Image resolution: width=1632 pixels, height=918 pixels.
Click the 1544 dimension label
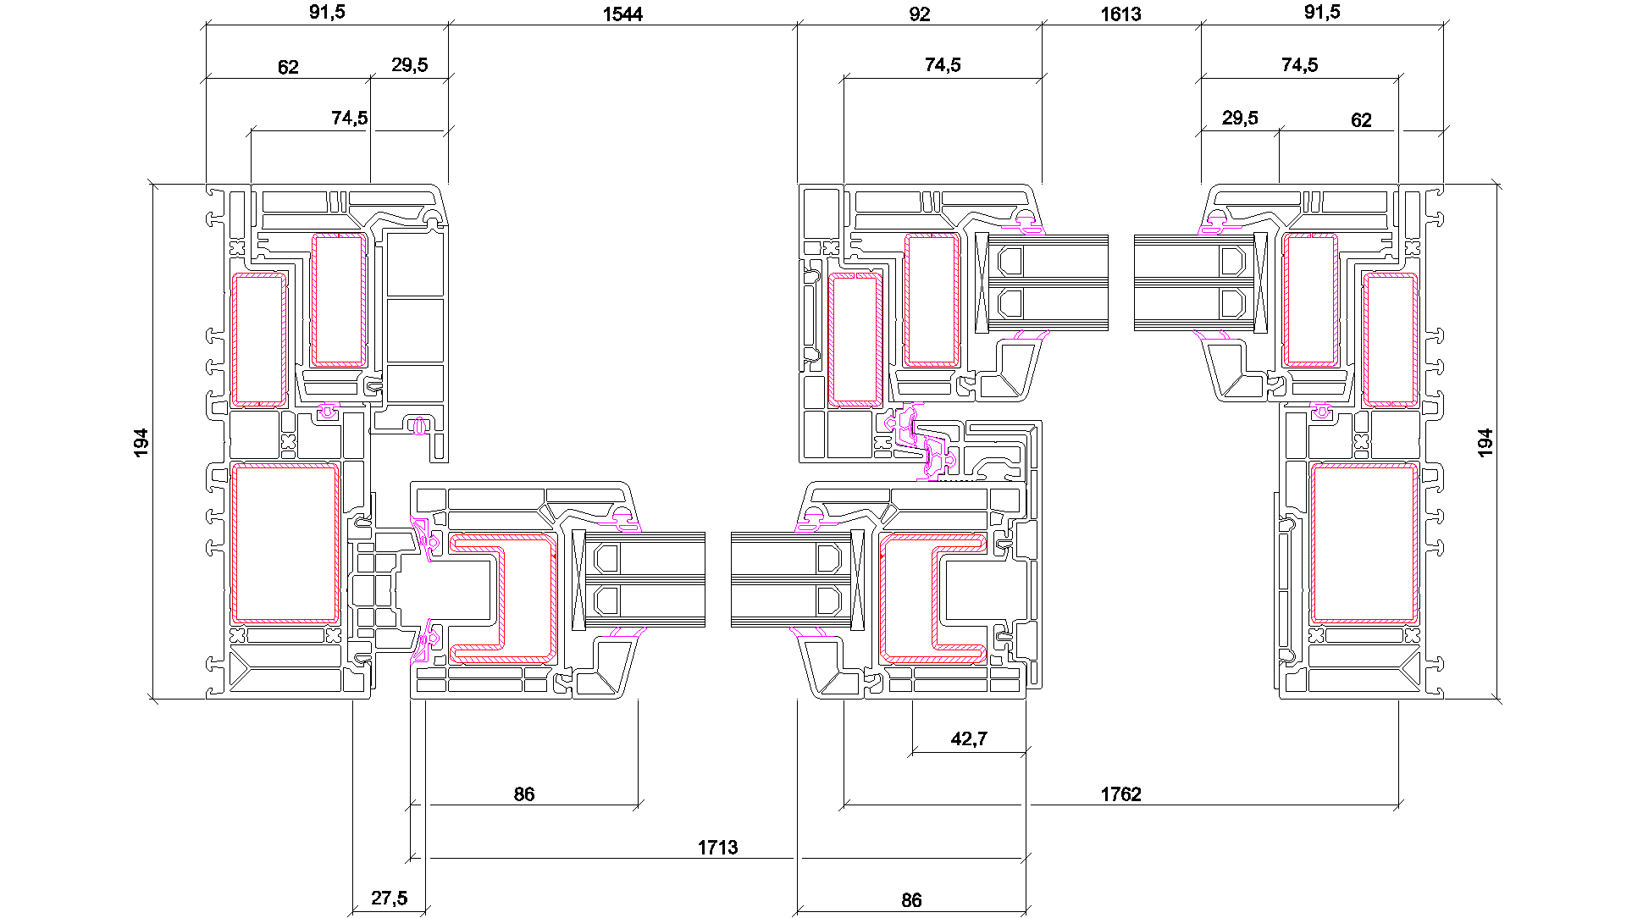(x=622, y=14)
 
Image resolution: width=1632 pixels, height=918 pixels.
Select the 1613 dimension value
(x=1120, y=14)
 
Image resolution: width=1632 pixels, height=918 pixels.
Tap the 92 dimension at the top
(x=919, y=14)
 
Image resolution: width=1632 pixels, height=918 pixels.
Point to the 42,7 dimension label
(x=969, y=739)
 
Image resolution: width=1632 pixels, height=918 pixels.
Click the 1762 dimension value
(x=1120, y=794)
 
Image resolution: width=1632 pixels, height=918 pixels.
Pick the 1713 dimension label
(x=717, y=848)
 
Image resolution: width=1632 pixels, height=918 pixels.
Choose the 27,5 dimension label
(x=389, y=899)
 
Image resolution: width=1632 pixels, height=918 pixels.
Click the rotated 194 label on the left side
(x=141, y=443)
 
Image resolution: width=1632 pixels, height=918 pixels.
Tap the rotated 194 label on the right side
(x=1485, y=443)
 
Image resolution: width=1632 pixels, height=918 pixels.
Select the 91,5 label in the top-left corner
(x=327, y=12)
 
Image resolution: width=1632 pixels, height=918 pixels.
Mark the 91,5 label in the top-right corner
(x=1322, y=12)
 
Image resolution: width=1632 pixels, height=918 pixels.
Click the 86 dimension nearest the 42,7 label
(x=911, y=900)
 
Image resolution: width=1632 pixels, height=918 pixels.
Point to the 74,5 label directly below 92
(x=943, y=65)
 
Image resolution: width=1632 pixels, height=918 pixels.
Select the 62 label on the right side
(x=1361, y=120)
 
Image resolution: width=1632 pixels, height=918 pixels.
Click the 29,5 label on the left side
(x=410, y=65)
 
